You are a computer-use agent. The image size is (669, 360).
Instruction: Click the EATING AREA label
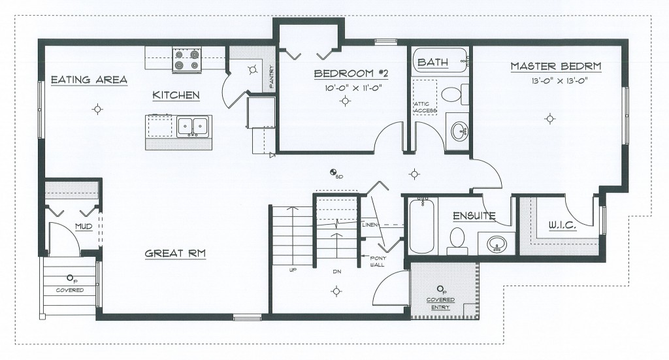click(x=89, y=80)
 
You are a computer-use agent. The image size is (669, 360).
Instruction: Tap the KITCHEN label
click(x=176, y=95)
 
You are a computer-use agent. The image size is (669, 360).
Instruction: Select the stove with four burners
click(x=187, y=59)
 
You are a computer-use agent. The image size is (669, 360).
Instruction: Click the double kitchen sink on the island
click(x=193, y=126)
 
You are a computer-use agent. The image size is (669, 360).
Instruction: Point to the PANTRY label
click(x=271, y=77)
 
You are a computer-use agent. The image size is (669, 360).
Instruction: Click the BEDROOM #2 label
click(x=351, y=73)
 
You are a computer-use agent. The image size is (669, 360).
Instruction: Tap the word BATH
click(x=432, y=62)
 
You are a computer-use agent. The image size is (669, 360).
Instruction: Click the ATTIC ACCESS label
click(x=425, y=108)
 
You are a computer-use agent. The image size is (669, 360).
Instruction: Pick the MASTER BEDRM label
click(x=556, y=66)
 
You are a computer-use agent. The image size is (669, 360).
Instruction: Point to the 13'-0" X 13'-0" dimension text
click(x=557, y=82)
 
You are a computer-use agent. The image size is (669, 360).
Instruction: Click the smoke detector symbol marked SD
click(x=333, y=172)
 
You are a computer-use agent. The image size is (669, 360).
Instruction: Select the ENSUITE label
click(x=474, y=216)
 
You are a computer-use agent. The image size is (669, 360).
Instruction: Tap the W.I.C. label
click(x=563, y=225)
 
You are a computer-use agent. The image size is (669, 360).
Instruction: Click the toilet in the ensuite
click(x=457, y=240)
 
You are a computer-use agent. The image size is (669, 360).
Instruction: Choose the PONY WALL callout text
click(x=378, y=261)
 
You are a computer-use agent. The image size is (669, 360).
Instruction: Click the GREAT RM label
click(x=175, y=254)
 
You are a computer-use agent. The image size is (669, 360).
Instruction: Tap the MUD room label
click(x=84, y=227)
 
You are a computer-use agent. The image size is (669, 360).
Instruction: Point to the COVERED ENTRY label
click(x=440, y=303)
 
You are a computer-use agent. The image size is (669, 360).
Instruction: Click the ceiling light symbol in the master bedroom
click(x=550, y=118)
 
